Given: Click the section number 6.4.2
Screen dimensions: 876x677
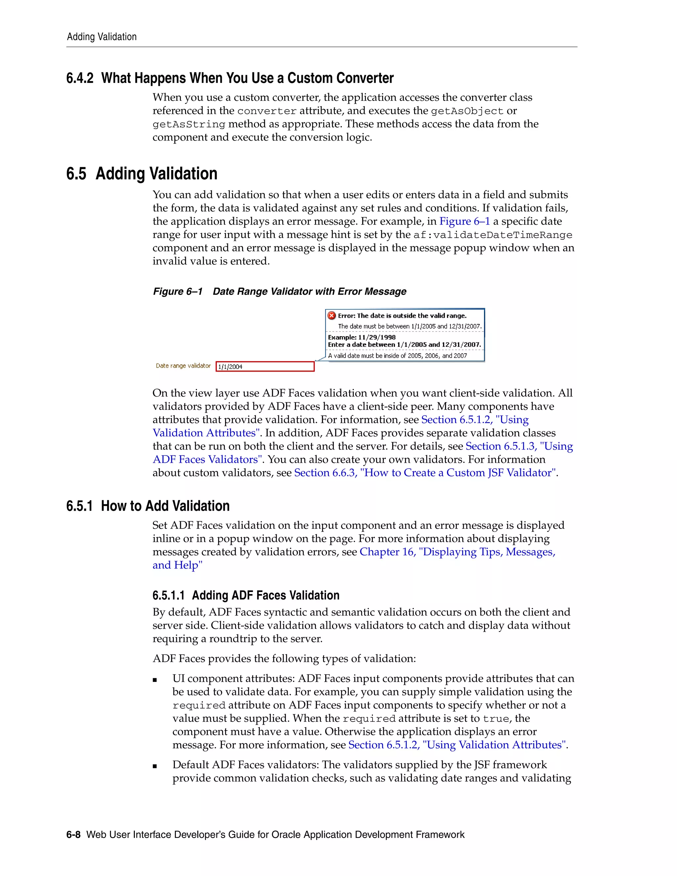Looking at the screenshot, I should pyautogui.click(x=80, y=78).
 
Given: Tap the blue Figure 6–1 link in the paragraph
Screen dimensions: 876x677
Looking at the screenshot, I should pyautogui.click(x=464, y=221).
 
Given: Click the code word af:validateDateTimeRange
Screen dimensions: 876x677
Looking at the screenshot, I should pyautogui.click(x=493, y=235).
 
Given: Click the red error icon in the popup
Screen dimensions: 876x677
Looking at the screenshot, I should pyautogui.click(x=332, y=316).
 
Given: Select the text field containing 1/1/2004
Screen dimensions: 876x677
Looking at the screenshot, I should pyautogui.click(x=265, y=366).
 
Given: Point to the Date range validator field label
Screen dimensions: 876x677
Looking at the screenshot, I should pyautogui.click(x=183, y=366).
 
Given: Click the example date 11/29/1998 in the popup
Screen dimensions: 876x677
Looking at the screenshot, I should pyautogui.click(x=377, y=337).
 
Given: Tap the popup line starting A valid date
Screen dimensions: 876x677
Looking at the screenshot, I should pyautogui.click(x=397, y=356).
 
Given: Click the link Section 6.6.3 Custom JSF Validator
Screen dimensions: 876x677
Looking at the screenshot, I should pyautogui.click(x=425, y=473).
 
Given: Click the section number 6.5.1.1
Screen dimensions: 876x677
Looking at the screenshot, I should pyautogui.click(x=169, y=596).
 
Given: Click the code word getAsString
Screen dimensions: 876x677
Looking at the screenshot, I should pyautogui.click(x=188, y=124).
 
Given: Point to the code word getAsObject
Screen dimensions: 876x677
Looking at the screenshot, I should pyautogui.click(x=467, y=111).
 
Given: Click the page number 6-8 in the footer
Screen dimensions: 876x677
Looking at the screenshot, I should pyautogui.click(x=73, y=835).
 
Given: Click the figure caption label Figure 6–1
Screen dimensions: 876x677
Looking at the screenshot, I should pyautogui.click(x=178, y=292).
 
